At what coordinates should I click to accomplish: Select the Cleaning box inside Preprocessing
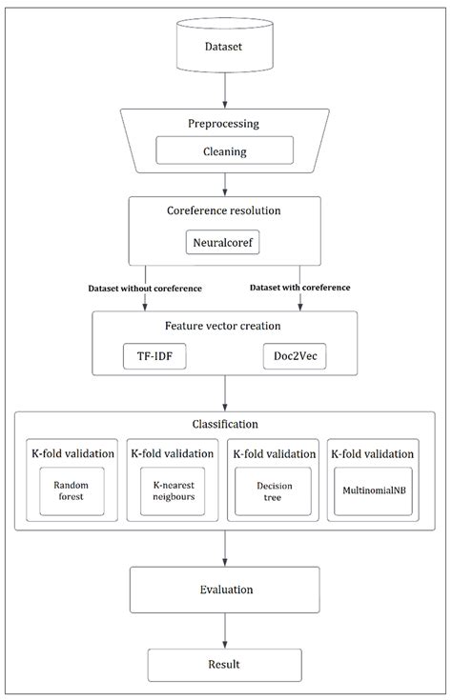pos(224,150)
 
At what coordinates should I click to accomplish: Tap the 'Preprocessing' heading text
pos(224,124)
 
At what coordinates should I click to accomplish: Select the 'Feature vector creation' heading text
pos(224,325)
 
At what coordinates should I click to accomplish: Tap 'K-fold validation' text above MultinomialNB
pos(372,453)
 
